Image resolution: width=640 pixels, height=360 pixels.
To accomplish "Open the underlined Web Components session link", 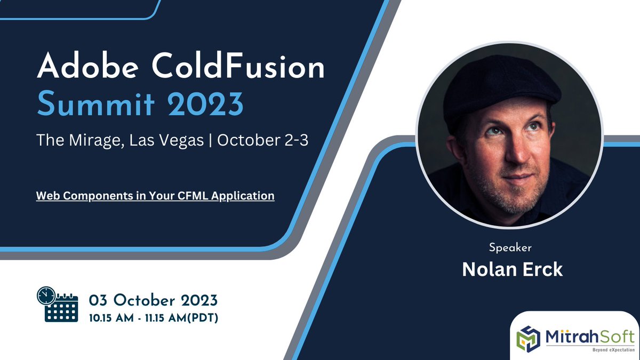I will point(155,196).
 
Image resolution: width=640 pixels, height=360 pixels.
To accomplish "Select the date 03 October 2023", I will point(153,299).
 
